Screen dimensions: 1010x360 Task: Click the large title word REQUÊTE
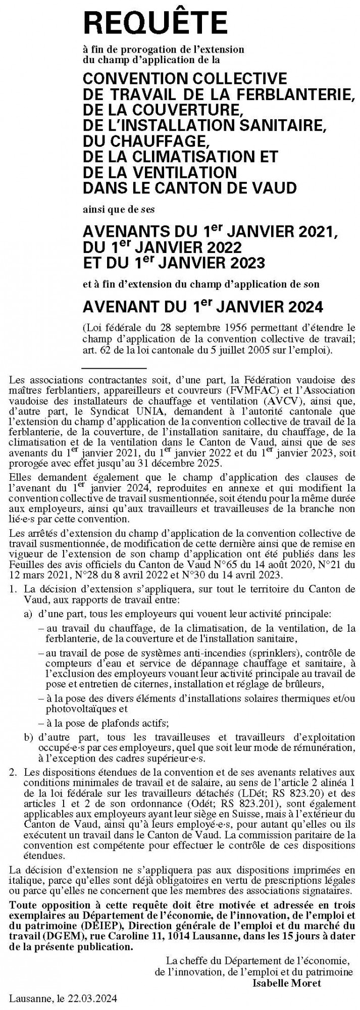pos(156,24)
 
